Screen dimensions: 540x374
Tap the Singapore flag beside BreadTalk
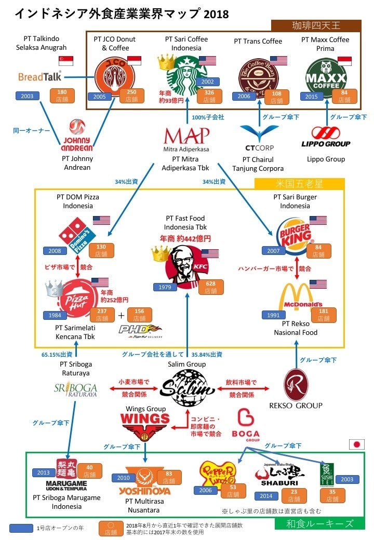click(66, 61)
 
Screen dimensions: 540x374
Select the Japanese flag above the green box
click(357, 444)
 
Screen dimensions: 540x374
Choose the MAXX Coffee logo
click(325, 76)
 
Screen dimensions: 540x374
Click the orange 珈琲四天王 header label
click(316, 25)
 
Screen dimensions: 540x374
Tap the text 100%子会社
click(208, 117)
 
